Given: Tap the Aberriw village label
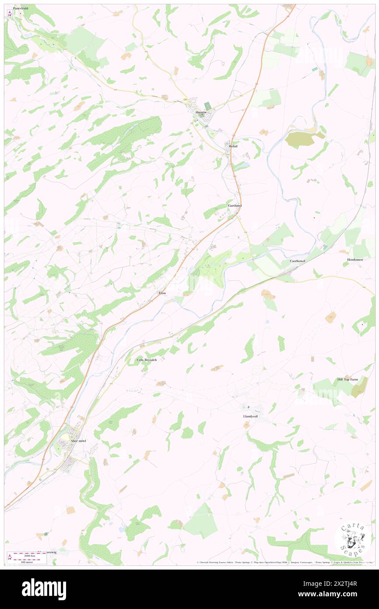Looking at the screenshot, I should pyautogui.click(x=203, y=112).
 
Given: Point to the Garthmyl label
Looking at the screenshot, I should pyautogui.click(x=235, y=205).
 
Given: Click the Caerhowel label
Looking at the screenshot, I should pyautogui.click(x=297, y=261).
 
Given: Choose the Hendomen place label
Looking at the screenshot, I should pyautogui.click(x=353, y=259).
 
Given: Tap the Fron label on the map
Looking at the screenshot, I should pyautogui.click(x=162, y=293).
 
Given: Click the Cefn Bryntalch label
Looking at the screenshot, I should pyautogui.click(x=147, y=360).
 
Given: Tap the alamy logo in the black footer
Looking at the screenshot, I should pyautogui.click(x=44, y=589).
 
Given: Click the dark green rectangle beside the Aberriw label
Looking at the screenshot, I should pyautogui.click(x=207, y=106).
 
